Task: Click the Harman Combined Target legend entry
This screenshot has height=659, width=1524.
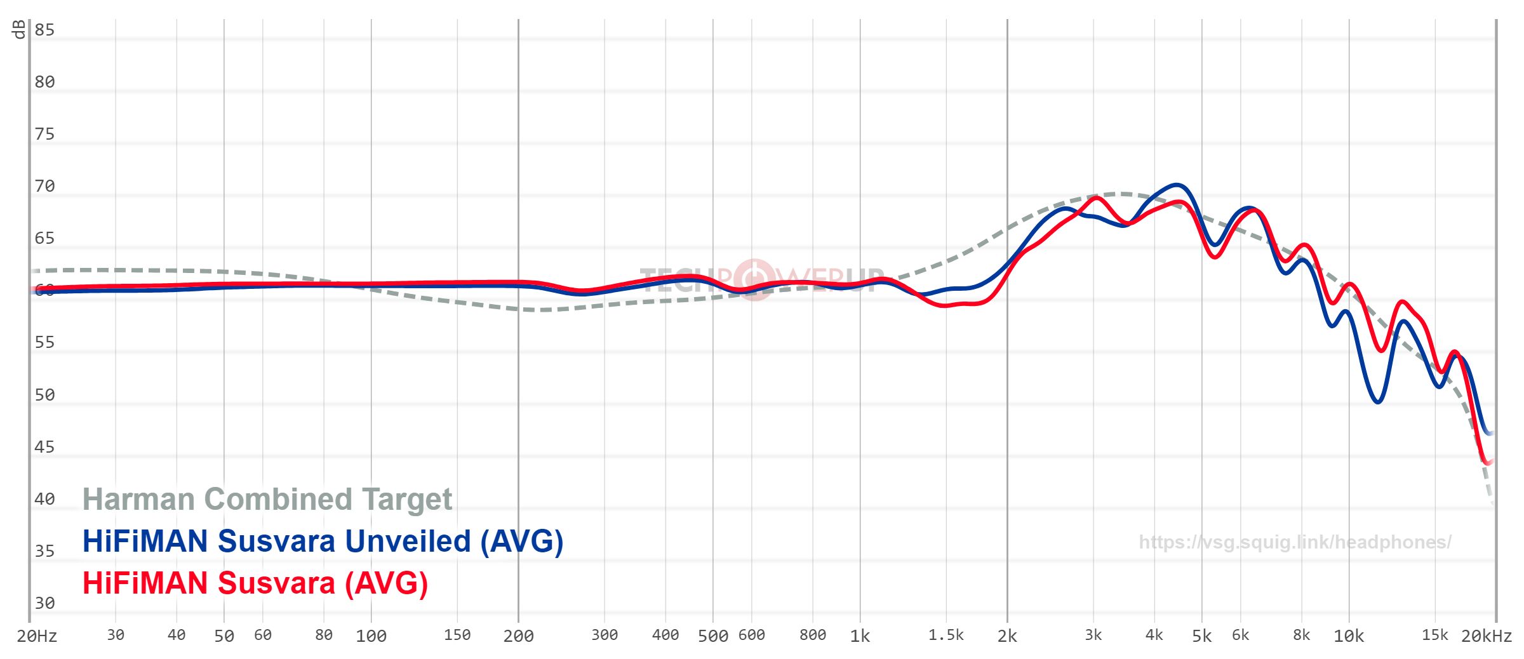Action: point(267,499)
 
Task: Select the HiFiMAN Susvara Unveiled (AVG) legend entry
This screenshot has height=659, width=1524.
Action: point(323,542)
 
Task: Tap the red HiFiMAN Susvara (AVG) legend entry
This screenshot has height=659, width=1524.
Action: point(255,583)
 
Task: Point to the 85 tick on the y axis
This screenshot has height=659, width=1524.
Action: point(44,30)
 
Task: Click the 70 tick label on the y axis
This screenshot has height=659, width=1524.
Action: point(44,186)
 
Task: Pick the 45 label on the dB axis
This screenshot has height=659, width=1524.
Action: point(44,447)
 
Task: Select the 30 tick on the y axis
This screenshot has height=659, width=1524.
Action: point(44,603)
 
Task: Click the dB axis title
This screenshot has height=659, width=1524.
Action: point(18,29)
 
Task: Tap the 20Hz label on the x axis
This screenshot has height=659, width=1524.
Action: point(37,636)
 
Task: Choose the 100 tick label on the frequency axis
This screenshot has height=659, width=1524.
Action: point(371,636)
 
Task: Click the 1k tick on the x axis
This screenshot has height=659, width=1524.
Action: point(860,636)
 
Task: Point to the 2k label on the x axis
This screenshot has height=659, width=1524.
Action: point(1006,636)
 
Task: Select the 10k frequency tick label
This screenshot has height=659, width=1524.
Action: point(1348,636)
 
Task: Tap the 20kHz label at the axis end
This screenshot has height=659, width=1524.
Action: point(1487,636)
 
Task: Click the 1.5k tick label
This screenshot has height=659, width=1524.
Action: point(946,636)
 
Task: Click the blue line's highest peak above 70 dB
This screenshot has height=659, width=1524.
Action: point(1177,185)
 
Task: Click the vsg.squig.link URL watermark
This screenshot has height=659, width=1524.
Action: point(1295,542)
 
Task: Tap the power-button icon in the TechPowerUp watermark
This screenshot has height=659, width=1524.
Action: point(754,279)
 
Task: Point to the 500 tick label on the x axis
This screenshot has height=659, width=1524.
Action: point(712,636)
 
